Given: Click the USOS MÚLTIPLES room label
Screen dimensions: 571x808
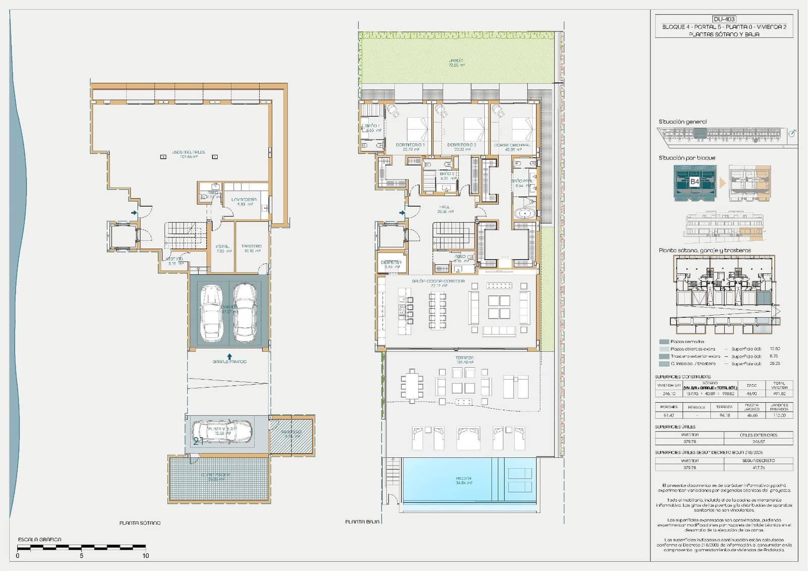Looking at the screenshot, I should (x=188, y=152).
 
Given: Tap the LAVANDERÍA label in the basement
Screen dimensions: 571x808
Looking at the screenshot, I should (x=244, y=200).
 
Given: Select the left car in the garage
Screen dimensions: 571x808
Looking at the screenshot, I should (x=211, y=313).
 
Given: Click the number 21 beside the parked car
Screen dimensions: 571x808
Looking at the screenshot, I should (x=198, y=441).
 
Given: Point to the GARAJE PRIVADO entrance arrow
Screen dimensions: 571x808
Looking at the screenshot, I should (x=230, y=356).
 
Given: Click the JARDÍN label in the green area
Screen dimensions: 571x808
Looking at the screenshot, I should (x=456, y=61).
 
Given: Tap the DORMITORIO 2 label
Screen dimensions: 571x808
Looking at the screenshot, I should (x=462, y=145).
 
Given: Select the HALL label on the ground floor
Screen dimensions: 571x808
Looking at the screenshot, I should (x=444, y=207).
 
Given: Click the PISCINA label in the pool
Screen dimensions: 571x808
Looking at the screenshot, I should (x=463, y=478).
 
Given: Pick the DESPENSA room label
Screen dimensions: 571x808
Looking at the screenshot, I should (x=391, y=262).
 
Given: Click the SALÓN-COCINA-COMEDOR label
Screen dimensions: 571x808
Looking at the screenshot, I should (x=438, y=281).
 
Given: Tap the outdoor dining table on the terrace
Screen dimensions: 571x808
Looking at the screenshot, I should (x=413, y=387).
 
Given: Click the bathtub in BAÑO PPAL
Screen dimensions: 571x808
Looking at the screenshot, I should (x=525, y=213).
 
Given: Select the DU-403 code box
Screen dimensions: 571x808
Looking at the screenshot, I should (x=724, y=19).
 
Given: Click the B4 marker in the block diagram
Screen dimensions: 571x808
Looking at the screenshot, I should (x=694, y=181).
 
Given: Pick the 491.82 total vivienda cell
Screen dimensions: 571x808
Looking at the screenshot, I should (x=779, y=394).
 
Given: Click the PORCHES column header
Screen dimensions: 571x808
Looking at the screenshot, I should (x=669, y=407).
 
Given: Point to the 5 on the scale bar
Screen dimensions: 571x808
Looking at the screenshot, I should (x=81, y=556).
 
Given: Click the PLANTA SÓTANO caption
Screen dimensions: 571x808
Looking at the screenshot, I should (x=140, y=523).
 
